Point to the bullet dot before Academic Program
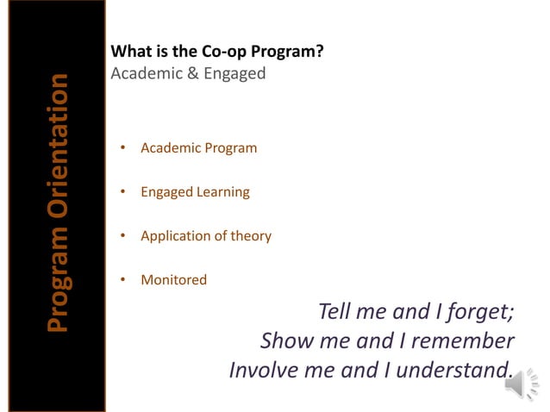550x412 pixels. click(123, 148)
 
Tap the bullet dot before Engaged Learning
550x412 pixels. click(123, 192)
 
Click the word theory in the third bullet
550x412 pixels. click(251, 236)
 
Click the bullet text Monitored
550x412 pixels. click(173, 280)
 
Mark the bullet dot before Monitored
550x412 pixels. click(123, 280)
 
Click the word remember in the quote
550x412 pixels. click(465, 341)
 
